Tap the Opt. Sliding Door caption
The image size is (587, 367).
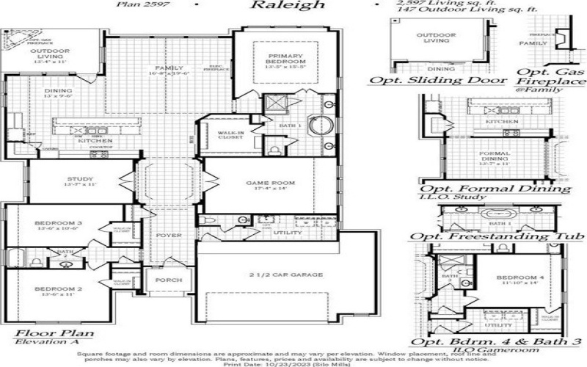438,79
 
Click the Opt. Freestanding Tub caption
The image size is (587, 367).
497,236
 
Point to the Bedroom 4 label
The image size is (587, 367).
517,277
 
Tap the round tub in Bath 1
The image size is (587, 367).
320,126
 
